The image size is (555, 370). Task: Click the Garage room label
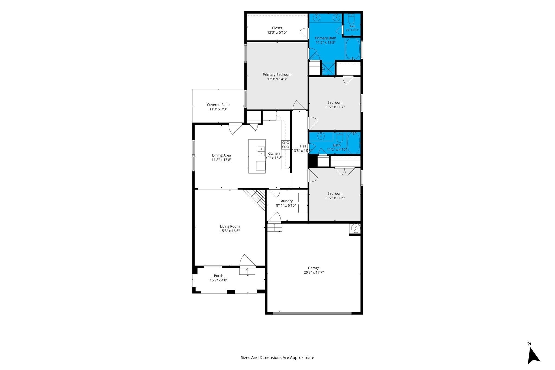click(314, 268)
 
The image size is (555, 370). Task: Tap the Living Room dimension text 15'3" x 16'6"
click(230, 231)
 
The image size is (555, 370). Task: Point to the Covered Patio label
click(218, 105)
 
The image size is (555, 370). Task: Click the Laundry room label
click(286, 201)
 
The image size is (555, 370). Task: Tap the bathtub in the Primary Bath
click(353, 49)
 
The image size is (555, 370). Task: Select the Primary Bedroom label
click(277, 74)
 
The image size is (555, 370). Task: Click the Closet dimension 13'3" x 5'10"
click(277, 32)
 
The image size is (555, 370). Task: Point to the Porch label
click(218, 276)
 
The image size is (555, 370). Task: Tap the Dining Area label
click(221, 155)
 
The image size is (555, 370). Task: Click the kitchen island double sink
click(261, 151)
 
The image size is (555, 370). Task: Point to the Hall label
click(303, 146)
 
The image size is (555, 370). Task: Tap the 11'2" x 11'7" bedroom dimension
click(335, 107)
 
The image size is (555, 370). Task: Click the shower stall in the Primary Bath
click(328, 69)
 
